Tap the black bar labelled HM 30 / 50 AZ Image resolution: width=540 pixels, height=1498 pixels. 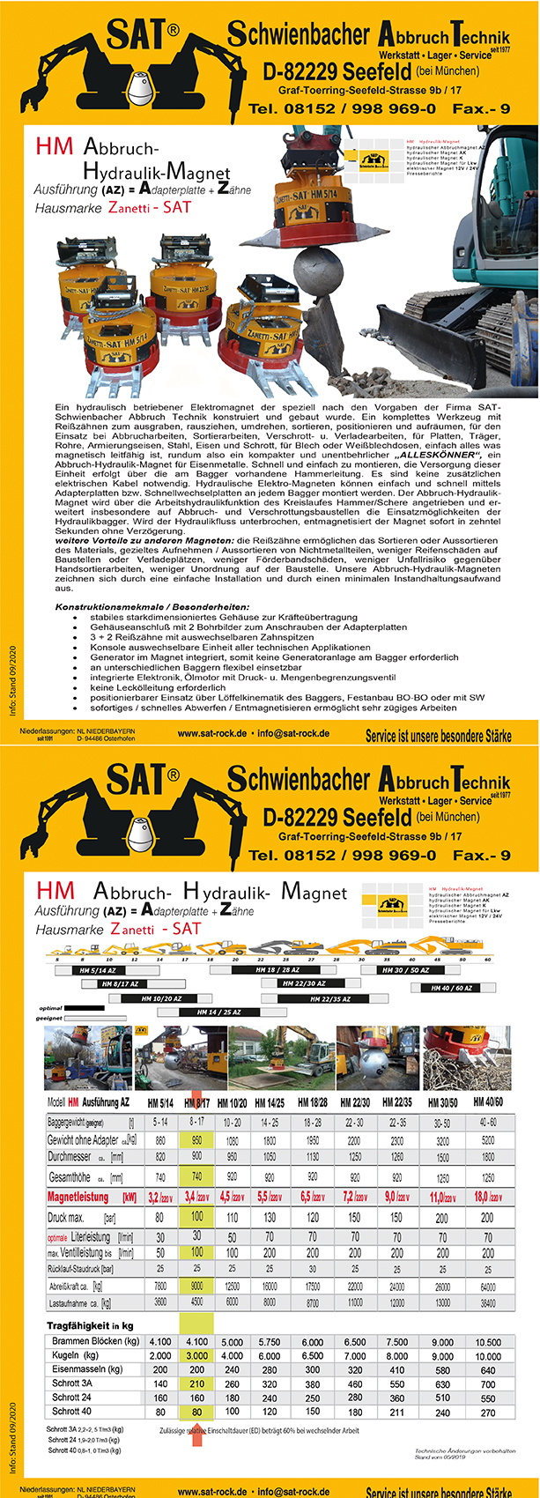click(x=406, y=969)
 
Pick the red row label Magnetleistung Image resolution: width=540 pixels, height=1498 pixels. click(x=78, y=1197)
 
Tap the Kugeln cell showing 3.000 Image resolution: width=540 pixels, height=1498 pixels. click(x=196, y=1355)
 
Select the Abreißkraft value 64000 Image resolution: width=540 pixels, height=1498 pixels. click(x=488, y=1286)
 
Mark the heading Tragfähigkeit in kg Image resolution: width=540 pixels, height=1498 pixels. click(x=90, y=1324)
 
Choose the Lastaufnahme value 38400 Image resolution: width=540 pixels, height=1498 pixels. click(x=488, y=1301)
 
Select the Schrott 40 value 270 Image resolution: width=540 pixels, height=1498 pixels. click(x=488, y=1412)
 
